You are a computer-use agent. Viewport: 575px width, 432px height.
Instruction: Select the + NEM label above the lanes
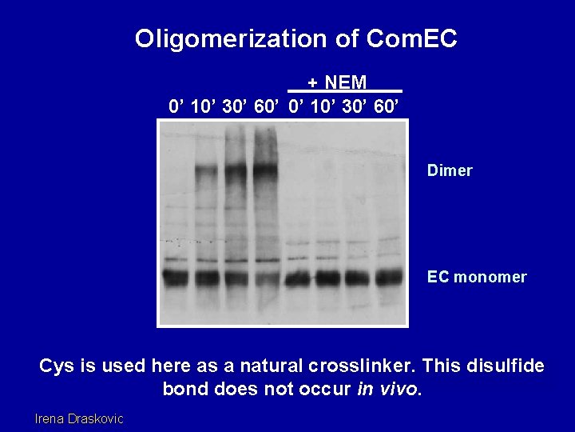338,82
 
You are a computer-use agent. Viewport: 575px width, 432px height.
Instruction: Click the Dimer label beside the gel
450,170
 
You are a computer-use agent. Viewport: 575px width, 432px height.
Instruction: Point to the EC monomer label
477,277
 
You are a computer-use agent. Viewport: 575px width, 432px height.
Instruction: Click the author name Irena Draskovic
79,418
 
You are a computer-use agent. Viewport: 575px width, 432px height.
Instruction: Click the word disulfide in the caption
503,366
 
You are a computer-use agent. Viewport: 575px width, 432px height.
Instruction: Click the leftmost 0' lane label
176,106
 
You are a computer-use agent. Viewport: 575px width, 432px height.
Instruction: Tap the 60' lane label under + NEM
387,106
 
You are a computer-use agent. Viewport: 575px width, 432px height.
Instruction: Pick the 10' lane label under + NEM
327,106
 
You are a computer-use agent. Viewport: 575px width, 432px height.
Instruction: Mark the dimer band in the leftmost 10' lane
207,170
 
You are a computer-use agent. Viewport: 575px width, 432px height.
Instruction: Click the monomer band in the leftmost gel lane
176,278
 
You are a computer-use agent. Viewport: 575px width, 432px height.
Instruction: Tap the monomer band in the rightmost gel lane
389,277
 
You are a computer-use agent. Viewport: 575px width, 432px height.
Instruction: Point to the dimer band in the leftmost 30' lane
236,170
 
